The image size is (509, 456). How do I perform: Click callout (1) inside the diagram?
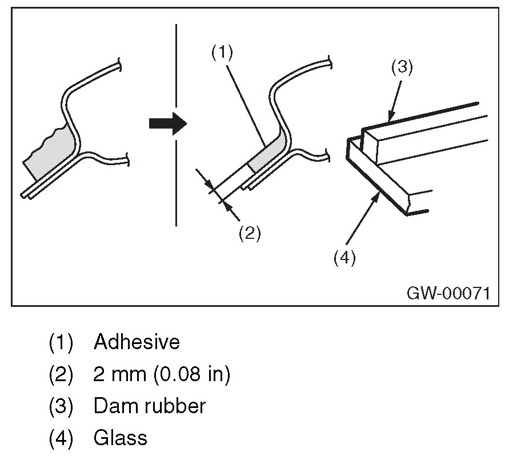coord(222,53)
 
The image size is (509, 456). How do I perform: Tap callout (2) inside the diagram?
coord(250,233)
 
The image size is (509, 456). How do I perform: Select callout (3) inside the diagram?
coord(402,67)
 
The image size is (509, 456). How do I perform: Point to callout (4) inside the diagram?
coord(344,258)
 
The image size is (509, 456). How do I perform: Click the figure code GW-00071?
coord(448,293)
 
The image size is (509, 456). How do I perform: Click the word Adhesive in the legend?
coord(137,342)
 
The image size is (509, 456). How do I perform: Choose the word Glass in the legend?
coord(120,438)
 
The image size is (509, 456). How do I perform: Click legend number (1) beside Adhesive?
coord(61,343)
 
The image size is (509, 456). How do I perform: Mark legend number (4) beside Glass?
coord(61,438)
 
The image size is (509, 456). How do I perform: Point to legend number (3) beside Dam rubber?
coord(61,406)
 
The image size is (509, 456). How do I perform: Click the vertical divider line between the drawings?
coord(177,126)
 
